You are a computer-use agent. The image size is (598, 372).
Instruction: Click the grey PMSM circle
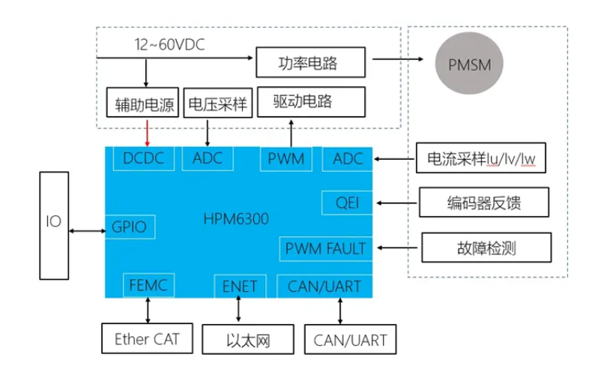[468, 63]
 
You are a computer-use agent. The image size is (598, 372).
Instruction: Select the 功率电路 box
[310, 62]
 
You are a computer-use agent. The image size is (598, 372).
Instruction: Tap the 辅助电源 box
[142, 102]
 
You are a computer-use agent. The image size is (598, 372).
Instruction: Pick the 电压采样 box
[218, 103]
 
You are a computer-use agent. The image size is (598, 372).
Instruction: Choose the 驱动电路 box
[311, 102]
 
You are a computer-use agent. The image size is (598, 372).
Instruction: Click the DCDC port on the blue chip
[144, 158]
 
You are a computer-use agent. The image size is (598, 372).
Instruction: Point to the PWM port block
[286, 159]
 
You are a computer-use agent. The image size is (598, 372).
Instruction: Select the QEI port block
[347, 202]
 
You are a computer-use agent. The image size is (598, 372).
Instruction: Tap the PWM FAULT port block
[325, 249]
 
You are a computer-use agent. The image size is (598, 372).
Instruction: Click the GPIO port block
[130, 227]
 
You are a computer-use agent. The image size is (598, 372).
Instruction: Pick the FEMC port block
[148, 285]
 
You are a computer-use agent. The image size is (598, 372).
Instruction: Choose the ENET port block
[240, 286]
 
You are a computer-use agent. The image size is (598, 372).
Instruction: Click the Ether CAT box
[147, 338]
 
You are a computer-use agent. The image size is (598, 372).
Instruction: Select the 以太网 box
[248, 340]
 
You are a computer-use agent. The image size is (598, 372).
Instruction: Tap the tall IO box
[54, 226]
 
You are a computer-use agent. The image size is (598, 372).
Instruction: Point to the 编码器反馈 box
[484, 202]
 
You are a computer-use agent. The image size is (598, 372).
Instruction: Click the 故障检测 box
[486, 247]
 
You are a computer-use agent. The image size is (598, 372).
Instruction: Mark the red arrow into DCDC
[147, 133]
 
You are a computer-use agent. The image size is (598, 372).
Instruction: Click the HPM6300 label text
[236, 219]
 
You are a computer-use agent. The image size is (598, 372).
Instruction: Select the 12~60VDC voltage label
[169, 45]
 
